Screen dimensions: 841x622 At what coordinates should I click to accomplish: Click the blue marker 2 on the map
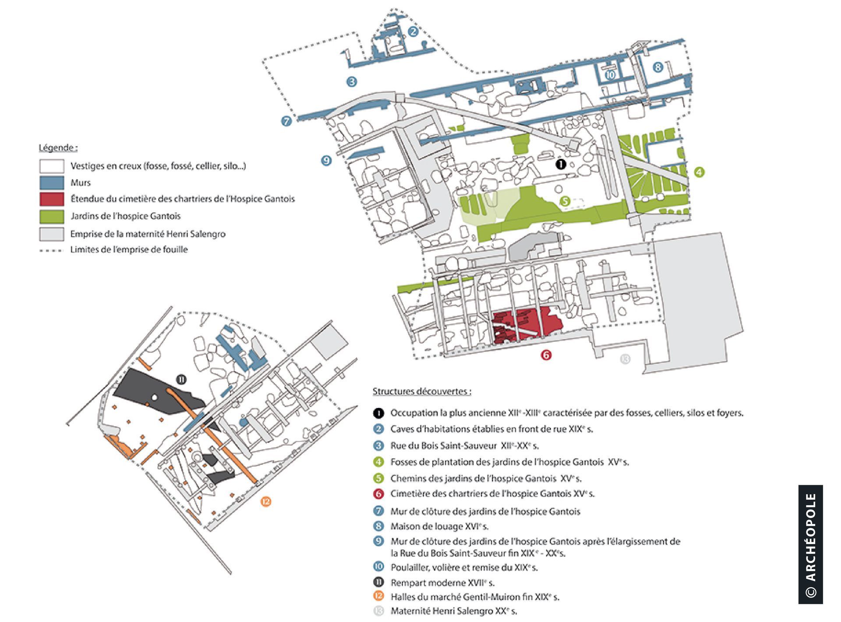click(413, 31)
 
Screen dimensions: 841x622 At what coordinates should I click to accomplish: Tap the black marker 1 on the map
click(561, 164)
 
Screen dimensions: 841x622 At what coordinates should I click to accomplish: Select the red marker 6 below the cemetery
click(546, 355)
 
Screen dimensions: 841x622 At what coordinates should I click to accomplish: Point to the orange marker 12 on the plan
click(266, 501)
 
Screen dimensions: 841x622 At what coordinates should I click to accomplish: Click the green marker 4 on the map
click(699, 172)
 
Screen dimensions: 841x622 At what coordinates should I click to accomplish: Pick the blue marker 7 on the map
click(286, 121)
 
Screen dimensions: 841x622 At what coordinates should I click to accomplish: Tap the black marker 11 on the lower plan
click(181, 380)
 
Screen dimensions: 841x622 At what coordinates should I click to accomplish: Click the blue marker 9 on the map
click(326, 161)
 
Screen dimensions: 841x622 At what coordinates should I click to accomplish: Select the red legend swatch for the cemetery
click(52, 199)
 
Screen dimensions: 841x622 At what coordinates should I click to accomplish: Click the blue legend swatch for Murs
click(52, 183)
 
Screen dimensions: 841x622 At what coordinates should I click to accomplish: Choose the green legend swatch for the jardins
click(52, 217)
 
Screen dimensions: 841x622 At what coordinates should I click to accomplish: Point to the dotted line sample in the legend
click(51, 251)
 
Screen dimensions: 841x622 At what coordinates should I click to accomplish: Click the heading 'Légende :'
click(58, 148)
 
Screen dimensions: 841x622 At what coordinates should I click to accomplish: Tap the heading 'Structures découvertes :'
click(422, 391)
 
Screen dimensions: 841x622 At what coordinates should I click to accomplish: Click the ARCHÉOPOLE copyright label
click(811, 545)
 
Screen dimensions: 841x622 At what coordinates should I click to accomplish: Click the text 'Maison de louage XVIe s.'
click(439, 526)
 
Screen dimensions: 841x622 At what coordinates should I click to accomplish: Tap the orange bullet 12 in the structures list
click(379, 596)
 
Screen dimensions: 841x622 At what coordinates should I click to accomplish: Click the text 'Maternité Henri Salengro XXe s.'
click(454, 611)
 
